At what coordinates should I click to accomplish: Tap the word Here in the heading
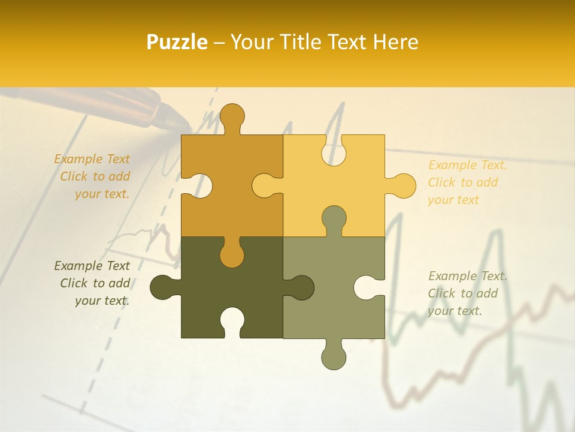pos(395,42)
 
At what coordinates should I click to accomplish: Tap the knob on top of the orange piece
pos(232,117)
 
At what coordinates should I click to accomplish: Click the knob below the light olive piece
pos(334,355)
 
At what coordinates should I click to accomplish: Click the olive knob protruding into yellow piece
pos(334,219)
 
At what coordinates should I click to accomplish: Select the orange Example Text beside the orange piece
pos(92,176)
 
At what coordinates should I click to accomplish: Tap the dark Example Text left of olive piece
pos(92,283)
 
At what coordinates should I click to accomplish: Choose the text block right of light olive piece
pos(467,293)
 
